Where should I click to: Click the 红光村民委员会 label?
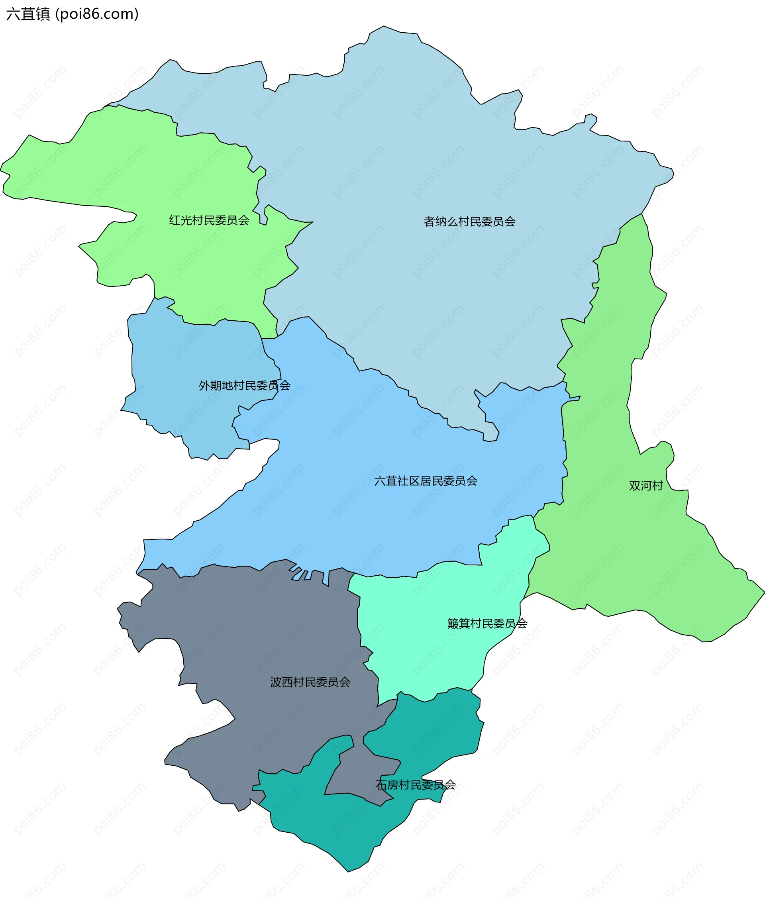[x=209, y=220]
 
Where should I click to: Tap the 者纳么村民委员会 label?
[x=469, y=222]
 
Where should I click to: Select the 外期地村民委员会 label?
[x=245, y=385]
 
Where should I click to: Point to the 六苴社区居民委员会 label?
[x=426, y=481]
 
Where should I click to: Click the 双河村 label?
[x=646, y=486]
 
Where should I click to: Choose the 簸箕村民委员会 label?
[x=487, y=624]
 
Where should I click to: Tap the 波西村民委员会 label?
[x=310, y=682]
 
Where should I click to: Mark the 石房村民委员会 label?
[x=416, y=785]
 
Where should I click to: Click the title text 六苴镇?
[x=28, y=14]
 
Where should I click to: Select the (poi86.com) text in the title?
[x=97, y=14]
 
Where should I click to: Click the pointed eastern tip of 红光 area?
[x=311, y=223]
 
